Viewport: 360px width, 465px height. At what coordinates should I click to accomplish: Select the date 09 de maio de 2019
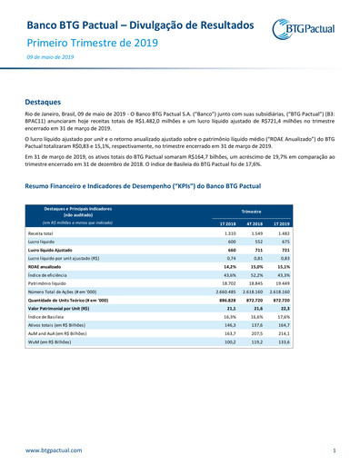click(49, 57)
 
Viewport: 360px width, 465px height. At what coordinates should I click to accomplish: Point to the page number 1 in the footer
click(335, 450)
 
